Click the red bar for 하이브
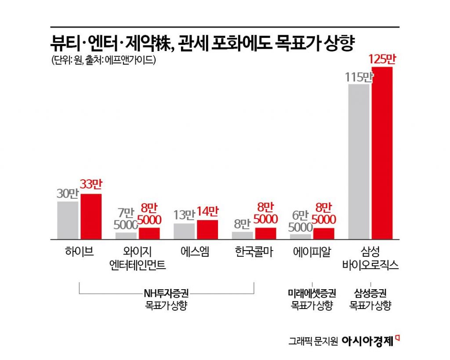[x=91, y=216]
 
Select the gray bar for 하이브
[x=68, y=220]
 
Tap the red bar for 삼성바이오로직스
[x=382, y=153]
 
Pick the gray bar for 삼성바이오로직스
[x=359, y=161]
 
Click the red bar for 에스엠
[x=207, y=229]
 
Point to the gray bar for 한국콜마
[x=243, y=235]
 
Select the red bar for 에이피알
[x=324, y=233]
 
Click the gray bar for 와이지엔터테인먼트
[x=126, y=236]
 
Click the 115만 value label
[x=359, y=77]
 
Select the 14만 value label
[x=207, y=213]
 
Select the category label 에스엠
[x=195, y=252]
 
